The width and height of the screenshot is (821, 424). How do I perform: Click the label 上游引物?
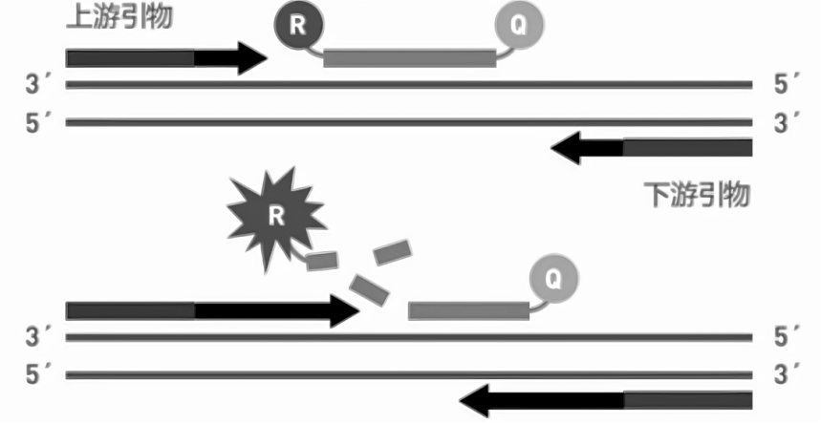(x=119, y=16)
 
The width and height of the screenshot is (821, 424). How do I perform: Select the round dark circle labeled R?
(x=298, y=25)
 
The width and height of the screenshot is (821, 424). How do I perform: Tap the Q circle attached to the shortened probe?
(x=553, y=279)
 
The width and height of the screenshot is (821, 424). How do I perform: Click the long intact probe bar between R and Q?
(x=409, y=58)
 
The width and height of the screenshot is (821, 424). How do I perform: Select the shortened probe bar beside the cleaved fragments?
(x=468, y=310)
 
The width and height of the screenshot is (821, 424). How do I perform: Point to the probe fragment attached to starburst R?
(x=323, y=260)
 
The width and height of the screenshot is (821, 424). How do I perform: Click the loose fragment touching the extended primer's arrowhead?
(x=367, y=287)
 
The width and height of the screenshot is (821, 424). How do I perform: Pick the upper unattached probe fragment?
(x=392, y=251)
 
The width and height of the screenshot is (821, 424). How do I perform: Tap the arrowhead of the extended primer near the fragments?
(x=343, y=310)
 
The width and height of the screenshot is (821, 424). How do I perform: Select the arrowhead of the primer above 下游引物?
(x=570, y=148)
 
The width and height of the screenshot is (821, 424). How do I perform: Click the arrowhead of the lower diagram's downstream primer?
(x=477, y=400)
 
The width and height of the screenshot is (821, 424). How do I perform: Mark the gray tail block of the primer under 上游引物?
(x=130, y=58)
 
